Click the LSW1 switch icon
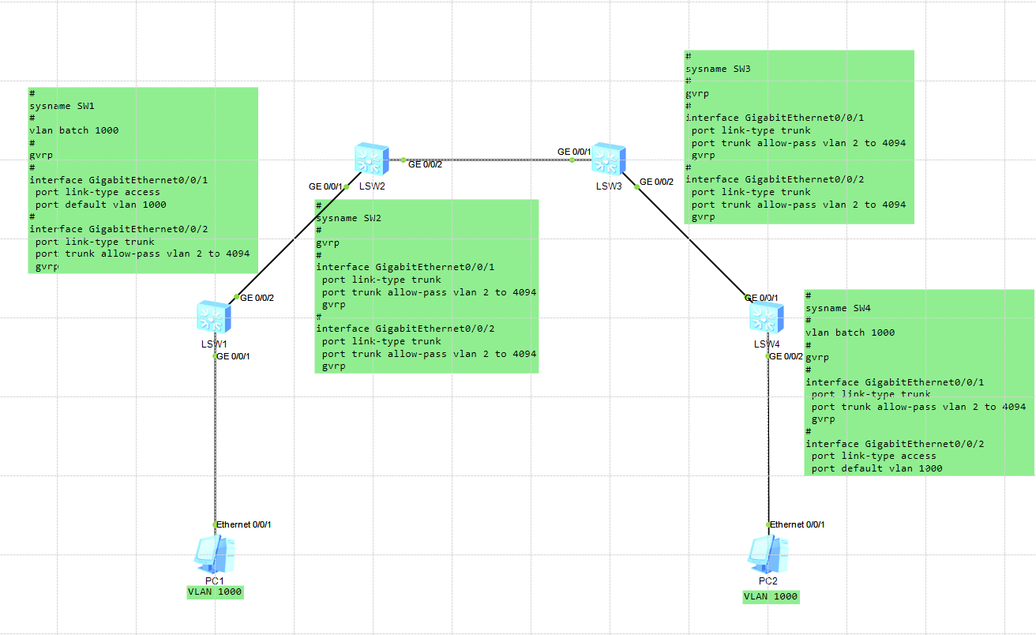point(214,317)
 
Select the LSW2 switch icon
point(372,159)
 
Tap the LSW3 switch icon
point(609,159)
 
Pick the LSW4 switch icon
point(767,317)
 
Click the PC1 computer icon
point(214,554)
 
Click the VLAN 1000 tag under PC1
point(215,592)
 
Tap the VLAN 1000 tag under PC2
point(771,596)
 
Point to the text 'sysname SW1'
point(62,105)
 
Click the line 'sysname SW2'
point(349,218)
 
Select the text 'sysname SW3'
point(718,69)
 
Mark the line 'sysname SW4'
point(838,308)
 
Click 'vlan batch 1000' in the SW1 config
point(74,130)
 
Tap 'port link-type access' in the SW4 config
point(873,456)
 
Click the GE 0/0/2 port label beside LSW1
point(257,298)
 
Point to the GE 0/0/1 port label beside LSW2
point(325,186)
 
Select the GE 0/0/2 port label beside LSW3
point(656,182)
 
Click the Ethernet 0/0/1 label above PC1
point(244,524)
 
